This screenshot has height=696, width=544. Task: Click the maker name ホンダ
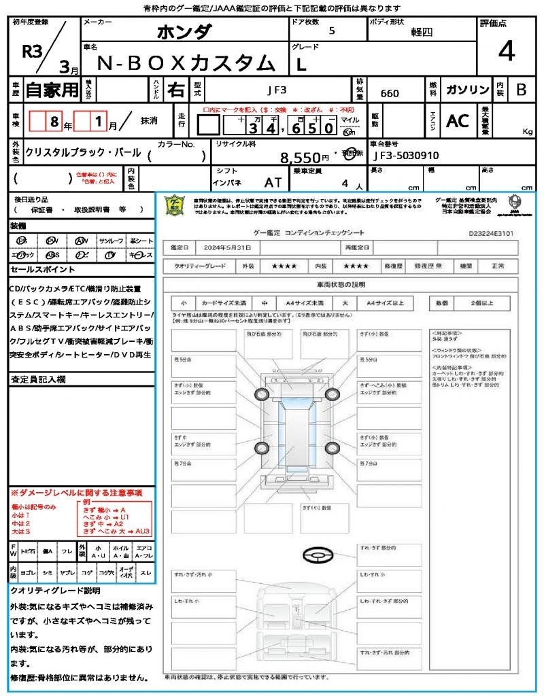184,31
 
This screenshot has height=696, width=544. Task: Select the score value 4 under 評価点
505,51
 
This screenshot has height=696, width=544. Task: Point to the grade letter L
301,64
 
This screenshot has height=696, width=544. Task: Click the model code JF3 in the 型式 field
276,88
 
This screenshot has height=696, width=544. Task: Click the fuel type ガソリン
467,90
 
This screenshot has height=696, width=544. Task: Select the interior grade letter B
521,90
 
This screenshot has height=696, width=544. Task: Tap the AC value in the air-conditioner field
458,121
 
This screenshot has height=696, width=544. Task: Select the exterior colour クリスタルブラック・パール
83,153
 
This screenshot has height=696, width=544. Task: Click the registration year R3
33,51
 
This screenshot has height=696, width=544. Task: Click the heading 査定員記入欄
37,379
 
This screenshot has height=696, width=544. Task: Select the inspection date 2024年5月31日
231,247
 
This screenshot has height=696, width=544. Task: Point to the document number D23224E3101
491,232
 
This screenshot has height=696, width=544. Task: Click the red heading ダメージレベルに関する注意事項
76,492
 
